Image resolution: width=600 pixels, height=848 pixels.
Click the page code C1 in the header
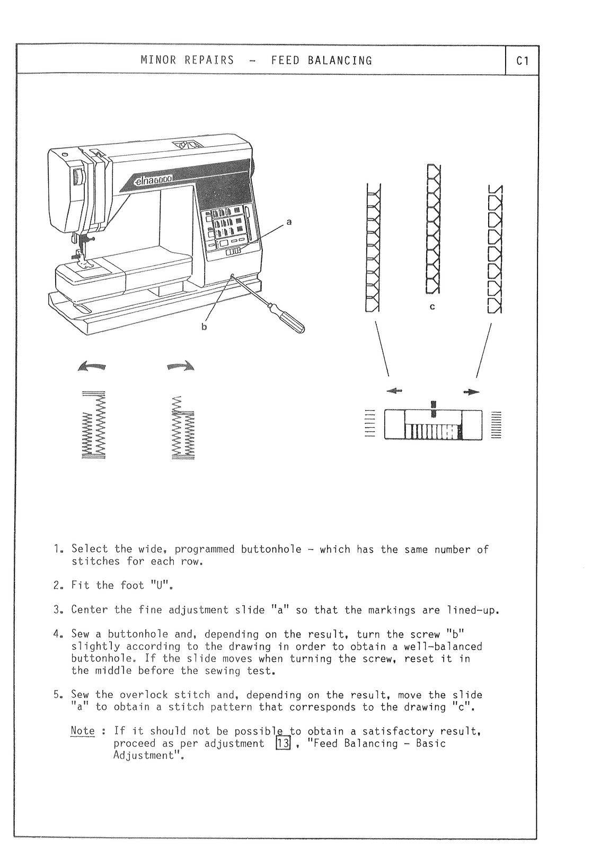[x=522, y=61]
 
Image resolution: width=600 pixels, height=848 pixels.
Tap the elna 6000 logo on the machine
[x=152, y=180]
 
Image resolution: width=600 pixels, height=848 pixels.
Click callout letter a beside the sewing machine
[x=289, y=222]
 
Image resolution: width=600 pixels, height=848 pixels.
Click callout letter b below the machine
[x=204, y=327]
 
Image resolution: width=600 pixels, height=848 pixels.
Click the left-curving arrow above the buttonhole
[x=92, y=366]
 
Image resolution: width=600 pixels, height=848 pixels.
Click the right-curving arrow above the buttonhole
[x=181, y=366]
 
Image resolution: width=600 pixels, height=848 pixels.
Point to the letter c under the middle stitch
[x=432, y=307]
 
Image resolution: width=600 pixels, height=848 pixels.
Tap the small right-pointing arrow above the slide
[x=471, y=392]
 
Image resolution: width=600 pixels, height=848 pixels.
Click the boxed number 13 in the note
[x=283, y=743]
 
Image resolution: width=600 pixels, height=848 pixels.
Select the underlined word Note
[x=82, y=731]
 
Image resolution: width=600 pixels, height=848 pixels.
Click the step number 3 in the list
[x=56, y=610]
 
